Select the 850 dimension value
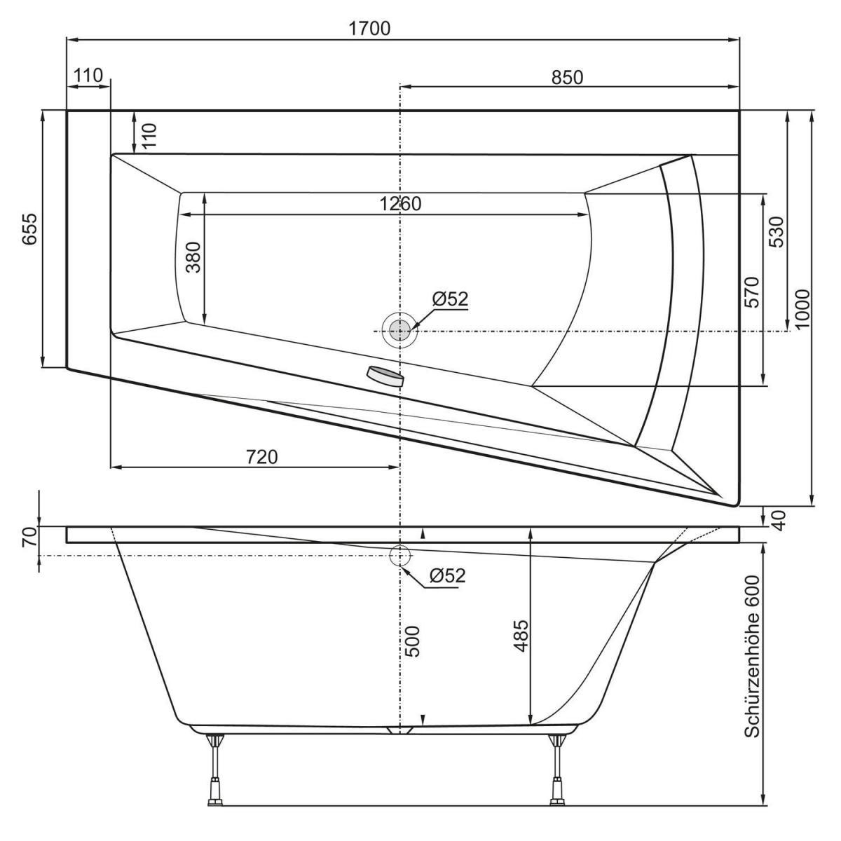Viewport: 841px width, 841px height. click(x=566, y=77)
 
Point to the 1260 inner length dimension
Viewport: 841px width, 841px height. click(x=400, y=204)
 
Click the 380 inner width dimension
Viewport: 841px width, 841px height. click(x=193, y=257)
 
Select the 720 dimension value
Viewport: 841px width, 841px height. click(x=262, y=458)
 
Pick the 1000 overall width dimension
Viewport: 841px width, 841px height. click(x=802, y=308)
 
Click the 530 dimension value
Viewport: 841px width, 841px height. click(x=776, y=231)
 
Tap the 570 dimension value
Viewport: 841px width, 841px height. click(x=751, y=294)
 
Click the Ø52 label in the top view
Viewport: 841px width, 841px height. click(x=450, y=299)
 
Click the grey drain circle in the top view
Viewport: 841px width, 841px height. click(x=399, y=329)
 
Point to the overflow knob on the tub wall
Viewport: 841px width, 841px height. click(x=385, y=376)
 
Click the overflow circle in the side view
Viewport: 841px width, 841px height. click(x=399, y=556)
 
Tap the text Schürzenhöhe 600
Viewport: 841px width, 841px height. click(x=752, y=656)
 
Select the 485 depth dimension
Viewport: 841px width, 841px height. click(x=522, y=636)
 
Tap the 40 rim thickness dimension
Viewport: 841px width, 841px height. click(x=777, y=518)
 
